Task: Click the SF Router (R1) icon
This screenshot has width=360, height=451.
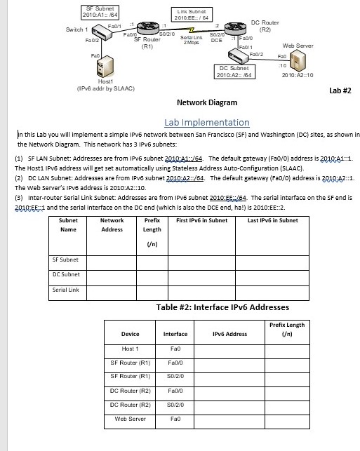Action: pos(149,27)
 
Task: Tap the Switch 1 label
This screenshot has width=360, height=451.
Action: pos(76,29)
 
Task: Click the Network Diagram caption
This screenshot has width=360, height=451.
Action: pos(201,102)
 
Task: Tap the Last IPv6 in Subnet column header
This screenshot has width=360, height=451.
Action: pos(273,221)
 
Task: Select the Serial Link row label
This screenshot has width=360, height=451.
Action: pos(65,290)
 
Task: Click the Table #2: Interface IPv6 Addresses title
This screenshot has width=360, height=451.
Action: pos(222,307)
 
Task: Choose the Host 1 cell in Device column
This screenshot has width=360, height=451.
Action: pos(130,349)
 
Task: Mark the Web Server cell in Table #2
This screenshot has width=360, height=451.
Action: pos(130,419)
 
